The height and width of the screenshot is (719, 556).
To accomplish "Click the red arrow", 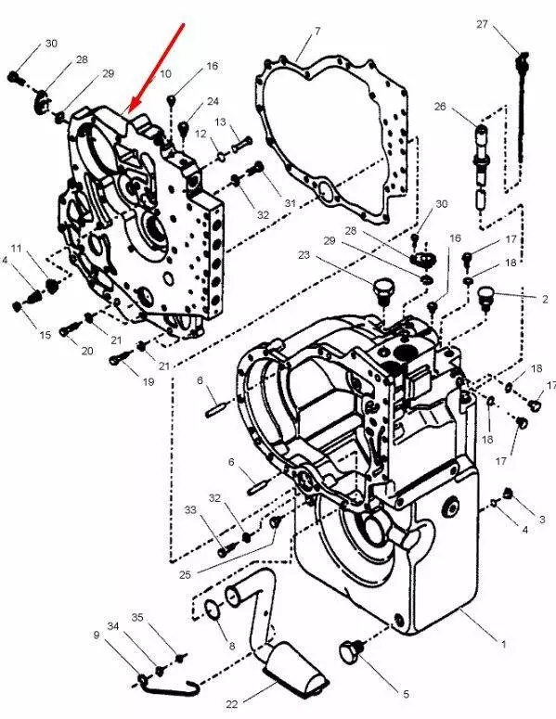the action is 157,68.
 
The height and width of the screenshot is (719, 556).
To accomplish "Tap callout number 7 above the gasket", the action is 317,32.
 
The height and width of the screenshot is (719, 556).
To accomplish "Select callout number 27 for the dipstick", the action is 482,24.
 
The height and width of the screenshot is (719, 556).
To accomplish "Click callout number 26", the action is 440,107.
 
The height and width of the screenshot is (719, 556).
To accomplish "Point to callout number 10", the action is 165,73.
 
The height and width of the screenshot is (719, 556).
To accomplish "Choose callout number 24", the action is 213,101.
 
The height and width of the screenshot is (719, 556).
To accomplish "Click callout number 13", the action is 221,122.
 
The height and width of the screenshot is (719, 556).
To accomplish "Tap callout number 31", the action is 290,202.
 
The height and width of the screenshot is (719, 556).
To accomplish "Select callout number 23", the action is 304,255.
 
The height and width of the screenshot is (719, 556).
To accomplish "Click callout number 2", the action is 545,300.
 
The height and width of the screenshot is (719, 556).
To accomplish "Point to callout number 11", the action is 17,249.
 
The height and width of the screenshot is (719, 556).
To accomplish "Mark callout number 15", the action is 45,335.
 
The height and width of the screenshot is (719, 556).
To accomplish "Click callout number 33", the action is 190,509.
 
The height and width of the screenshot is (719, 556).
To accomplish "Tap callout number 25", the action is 185,574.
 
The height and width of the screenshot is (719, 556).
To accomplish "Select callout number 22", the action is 232,704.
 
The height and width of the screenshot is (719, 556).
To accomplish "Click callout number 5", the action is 406,694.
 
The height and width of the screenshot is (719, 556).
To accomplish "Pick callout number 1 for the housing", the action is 503,644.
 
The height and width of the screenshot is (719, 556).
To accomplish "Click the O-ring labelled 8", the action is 212,610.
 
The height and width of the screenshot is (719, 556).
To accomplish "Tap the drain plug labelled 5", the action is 352,652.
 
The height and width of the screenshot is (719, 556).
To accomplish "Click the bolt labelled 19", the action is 118,359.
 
